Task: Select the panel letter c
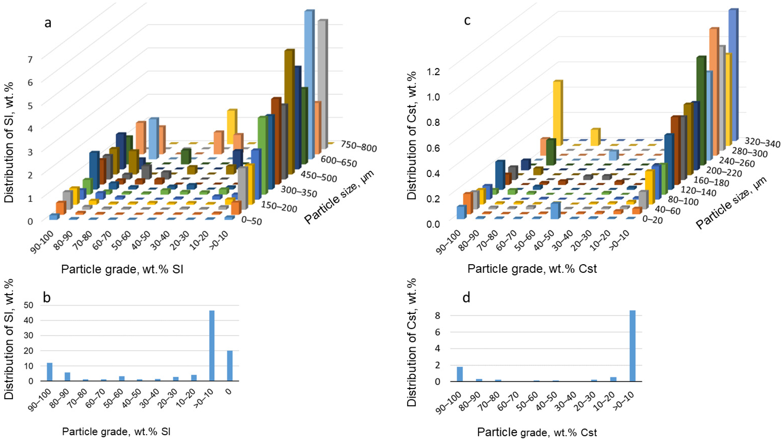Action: pos(467,21)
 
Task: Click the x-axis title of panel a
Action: pos(122,269)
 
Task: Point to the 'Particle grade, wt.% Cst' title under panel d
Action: pos(537,432)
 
